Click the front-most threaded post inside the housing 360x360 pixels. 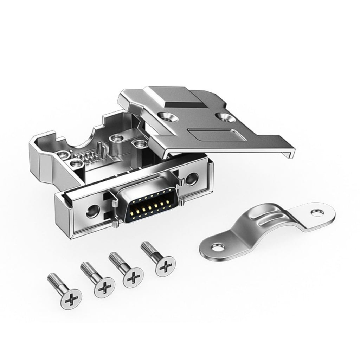click(x=75, y=163)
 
